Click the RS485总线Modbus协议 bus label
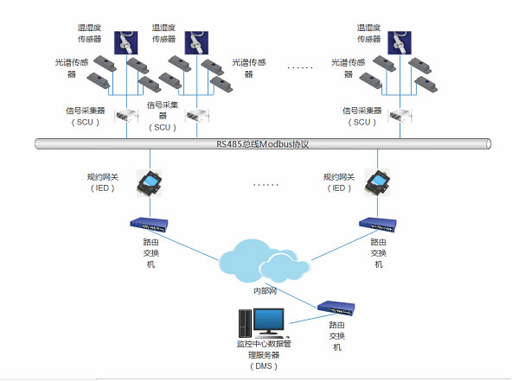coord(263,144)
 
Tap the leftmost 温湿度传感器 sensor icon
coord(125,42)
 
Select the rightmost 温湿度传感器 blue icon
coord(400,42)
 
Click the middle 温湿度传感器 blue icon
coord(196,42)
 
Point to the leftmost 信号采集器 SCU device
coord(126,116)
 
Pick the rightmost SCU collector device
coord(400,116)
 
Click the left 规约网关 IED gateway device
coord(150,183)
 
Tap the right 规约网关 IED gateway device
coord(377,183)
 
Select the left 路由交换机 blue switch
coord(149,225)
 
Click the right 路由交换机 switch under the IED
coord(378,225)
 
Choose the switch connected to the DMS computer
coord(336,308)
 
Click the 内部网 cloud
coord(263,262)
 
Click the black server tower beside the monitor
coord(246,323)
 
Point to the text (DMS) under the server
coord(264,366)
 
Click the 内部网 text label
coord(265,290)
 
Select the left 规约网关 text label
coord(103,177)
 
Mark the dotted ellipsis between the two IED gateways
coord(266,185)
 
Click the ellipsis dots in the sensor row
coord(300,68)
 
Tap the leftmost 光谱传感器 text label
coord(72,68)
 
